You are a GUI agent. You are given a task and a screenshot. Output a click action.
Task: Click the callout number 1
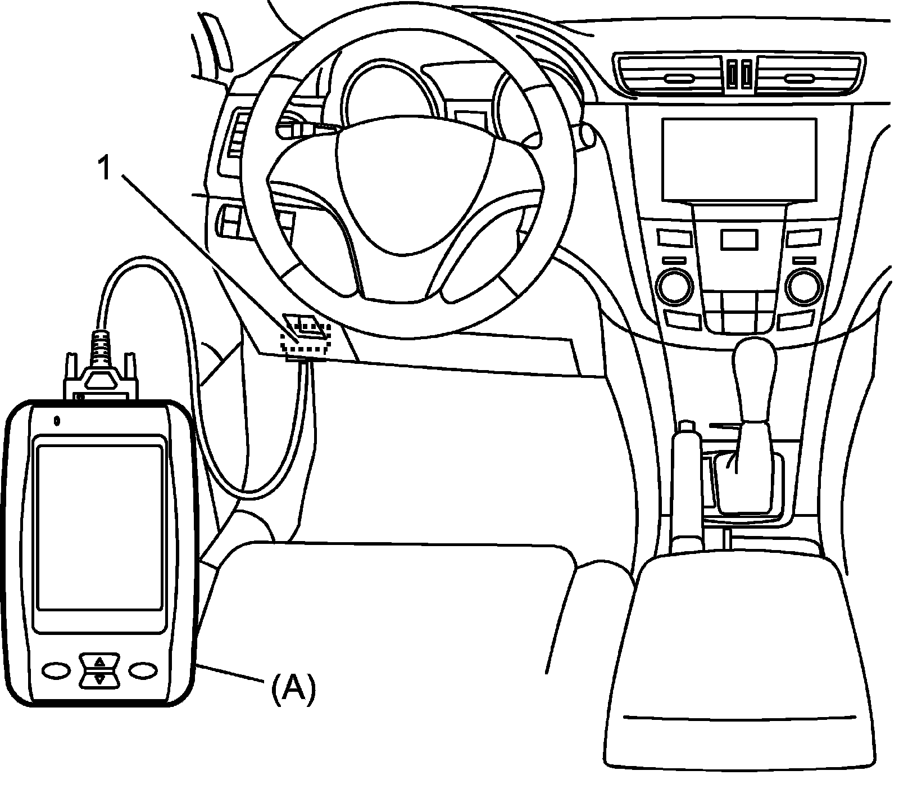point(105,168)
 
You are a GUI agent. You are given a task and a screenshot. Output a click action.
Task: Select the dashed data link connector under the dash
point(307,337)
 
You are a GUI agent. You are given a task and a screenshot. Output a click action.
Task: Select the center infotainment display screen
point(738,159)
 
